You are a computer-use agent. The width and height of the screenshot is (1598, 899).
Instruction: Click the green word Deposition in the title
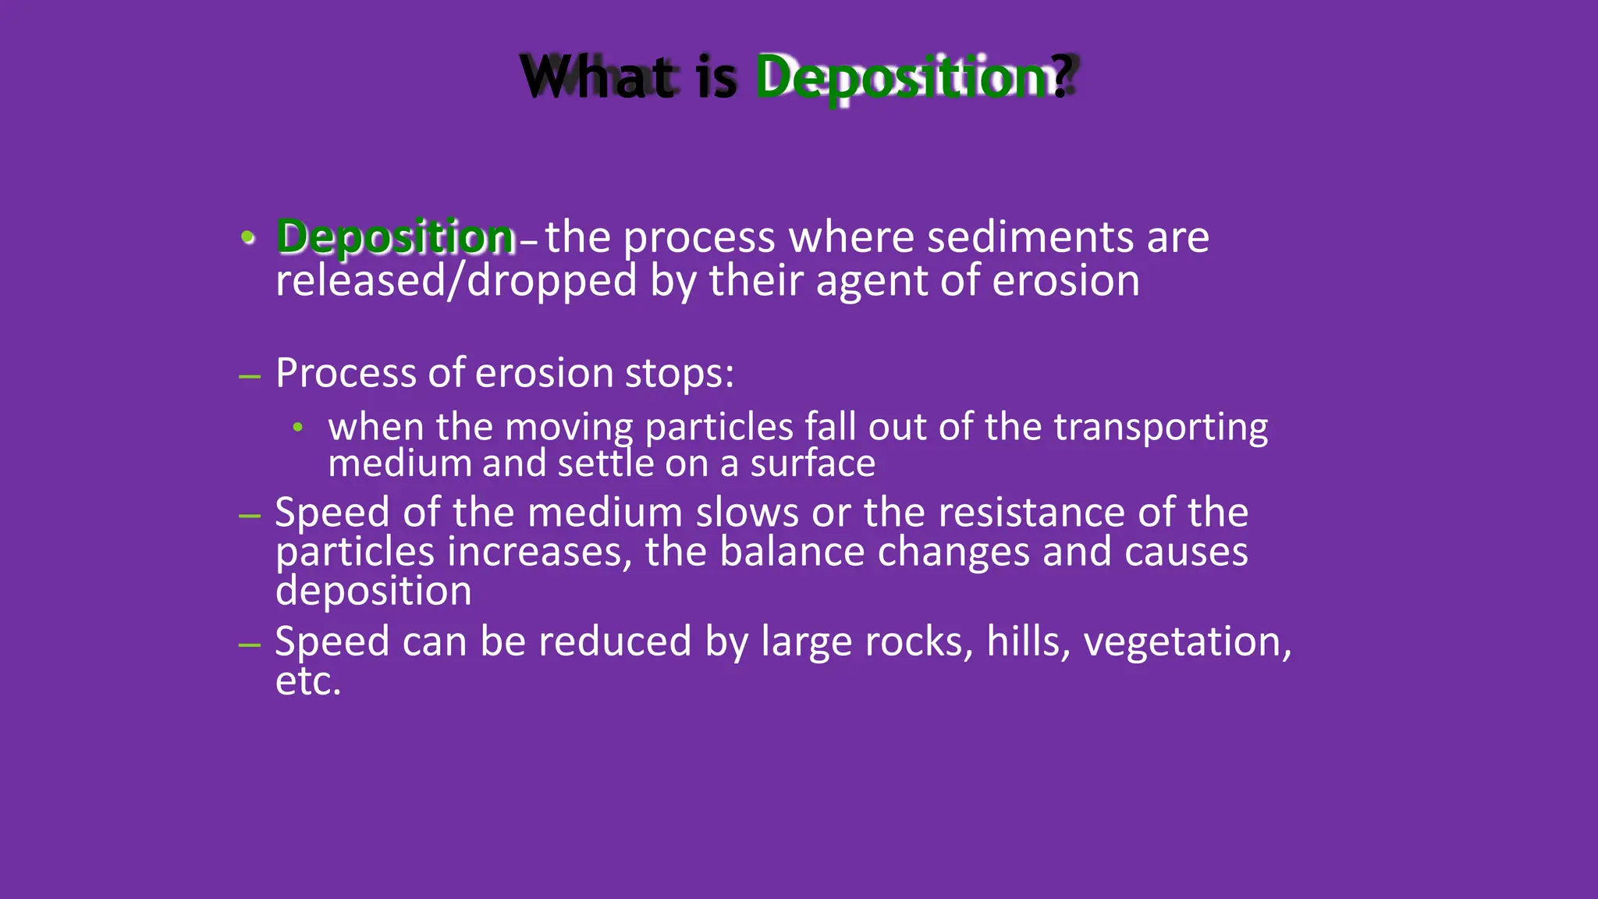901,77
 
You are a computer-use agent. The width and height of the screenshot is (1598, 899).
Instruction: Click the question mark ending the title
1062,77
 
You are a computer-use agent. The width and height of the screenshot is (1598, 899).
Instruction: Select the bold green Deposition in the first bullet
396,237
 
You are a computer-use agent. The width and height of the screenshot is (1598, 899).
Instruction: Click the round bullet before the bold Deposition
248,237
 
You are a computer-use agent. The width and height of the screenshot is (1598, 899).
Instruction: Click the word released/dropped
456,281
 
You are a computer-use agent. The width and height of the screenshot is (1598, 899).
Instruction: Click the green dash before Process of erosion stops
250,378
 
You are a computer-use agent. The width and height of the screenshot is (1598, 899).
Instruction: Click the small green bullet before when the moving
297,428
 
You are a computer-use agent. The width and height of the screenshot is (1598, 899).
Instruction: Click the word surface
812,464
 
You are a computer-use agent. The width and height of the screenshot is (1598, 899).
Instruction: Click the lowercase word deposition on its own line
373,592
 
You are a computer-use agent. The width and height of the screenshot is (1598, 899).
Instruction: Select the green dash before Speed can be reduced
250,645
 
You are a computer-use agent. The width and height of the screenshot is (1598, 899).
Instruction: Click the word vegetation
1182,643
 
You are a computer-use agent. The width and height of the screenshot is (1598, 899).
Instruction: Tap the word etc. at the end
308,681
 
